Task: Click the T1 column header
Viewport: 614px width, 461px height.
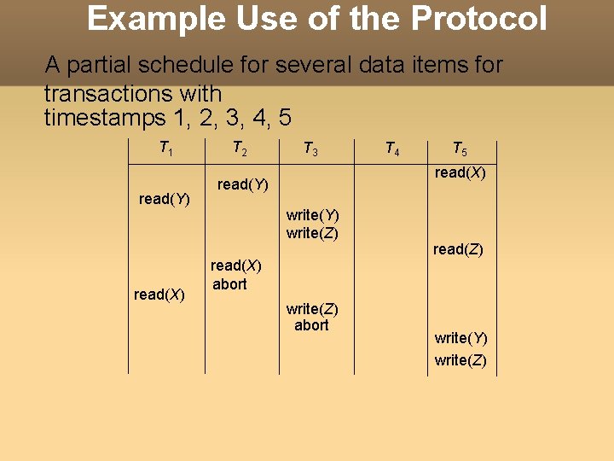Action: point(166,149)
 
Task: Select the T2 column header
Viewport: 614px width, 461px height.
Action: point(240,149)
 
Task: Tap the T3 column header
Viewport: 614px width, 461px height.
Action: point(311,150)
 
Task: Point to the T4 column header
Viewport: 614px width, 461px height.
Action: point(392,150)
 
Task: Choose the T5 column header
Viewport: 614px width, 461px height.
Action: point(459,150)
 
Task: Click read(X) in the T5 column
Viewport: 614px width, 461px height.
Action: point(460,172)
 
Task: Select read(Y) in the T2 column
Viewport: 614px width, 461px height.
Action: point(243,184)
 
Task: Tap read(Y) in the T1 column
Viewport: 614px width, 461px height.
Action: point(164,199)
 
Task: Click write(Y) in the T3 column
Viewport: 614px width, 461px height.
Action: point(312,215)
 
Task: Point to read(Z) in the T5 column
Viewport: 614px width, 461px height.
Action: point(458,249)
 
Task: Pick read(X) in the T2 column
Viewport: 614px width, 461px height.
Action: point(236,266)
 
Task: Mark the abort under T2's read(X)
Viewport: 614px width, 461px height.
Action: point(229,284)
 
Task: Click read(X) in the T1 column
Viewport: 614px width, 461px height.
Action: point(159,295)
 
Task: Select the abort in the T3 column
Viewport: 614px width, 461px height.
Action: point(311,325)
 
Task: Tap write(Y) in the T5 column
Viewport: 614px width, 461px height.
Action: point(460,338)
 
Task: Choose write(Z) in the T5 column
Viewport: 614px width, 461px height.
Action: point(460,360)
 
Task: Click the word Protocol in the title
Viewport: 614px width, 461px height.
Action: point(481,18)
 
